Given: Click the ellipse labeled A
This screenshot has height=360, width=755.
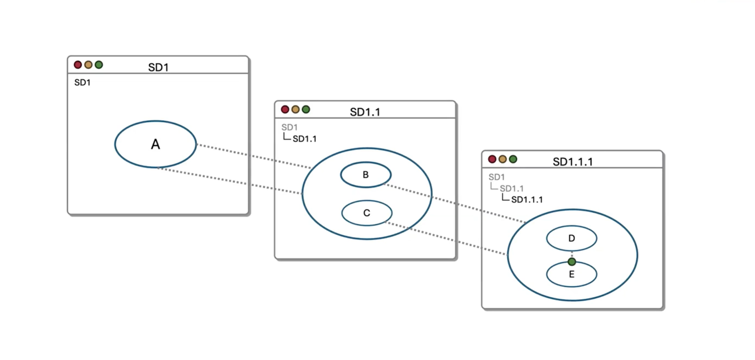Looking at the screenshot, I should pos(155,144).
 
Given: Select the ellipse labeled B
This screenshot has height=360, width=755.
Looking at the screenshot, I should pos(366,175).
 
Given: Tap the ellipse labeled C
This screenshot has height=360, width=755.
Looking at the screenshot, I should pos(367,213).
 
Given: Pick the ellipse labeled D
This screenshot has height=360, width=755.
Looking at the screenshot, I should pos(571,239).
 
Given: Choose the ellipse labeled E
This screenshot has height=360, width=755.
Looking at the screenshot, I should pos(571,275).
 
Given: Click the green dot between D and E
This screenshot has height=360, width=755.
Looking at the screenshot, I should pos(572,262).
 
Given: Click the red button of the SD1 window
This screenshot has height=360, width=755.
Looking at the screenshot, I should pos(78,65).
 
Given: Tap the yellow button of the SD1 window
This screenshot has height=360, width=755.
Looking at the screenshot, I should pos(89,65).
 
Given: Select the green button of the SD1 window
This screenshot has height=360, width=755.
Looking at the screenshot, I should pos(99,65).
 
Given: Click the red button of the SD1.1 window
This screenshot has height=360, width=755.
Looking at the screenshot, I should pos(285,110).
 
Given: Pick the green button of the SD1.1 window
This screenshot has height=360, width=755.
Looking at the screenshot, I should pos(306,110).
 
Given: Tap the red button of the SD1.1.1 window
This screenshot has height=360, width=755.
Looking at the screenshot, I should pos(492,159).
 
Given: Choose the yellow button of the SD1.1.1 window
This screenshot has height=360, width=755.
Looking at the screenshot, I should pos(503,159).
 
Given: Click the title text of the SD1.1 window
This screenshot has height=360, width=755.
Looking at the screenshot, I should pos(365,112).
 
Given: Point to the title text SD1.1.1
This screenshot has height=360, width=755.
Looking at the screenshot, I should pos(573,162).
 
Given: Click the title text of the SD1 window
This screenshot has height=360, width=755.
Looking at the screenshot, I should pos(158,68).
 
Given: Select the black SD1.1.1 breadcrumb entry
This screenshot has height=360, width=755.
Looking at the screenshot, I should pos(527,200).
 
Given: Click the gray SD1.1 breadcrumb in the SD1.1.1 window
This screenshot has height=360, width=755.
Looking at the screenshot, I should pos(511,189).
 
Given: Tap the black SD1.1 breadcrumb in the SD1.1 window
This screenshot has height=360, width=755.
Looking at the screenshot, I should pos(305,139).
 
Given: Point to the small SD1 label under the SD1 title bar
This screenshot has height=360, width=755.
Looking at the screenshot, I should pos(82,82).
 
